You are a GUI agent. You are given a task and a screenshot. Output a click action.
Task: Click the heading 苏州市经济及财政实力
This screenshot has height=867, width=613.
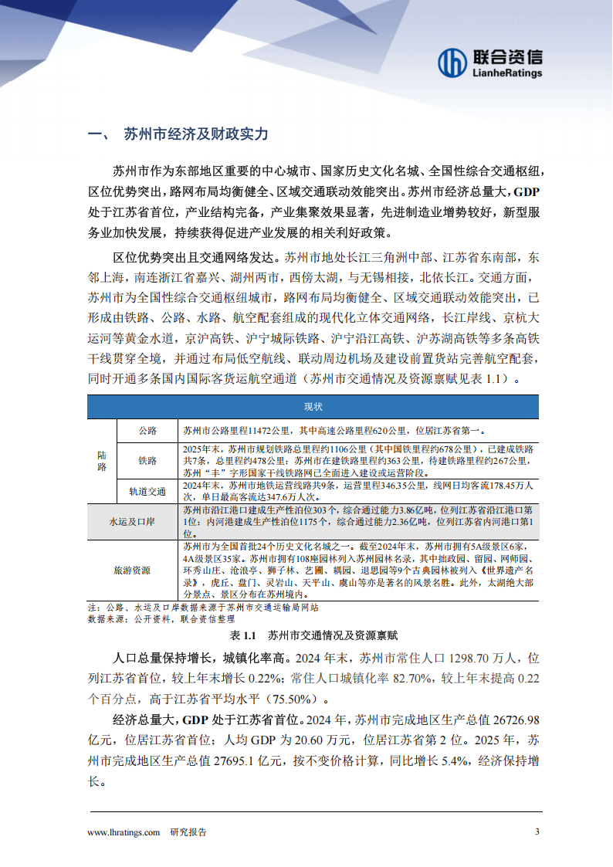(x=195, y=134)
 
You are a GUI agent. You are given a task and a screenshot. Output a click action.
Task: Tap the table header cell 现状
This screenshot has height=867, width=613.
(x=313, y=407)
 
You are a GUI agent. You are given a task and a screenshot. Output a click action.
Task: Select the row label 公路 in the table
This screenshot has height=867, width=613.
(x=147, y=430)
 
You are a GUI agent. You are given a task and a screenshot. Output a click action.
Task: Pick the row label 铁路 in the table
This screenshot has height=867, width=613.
(x=147, y=460)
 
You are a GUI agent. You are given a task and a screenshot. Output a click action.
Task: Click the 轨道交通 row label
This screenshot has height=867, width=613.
(x=147, y=490)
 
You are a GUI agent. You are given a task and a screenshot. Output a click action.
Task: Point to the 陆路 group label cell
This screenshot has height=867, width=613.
(x=102, y=460)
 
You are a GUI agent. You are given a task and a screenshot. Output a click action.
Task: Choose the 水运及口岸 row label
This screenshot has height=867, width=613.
(x=133, y=522)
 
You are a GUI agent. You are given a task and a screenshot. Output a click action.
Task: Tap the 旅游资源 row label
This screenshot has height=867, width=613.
(x=133, y=570)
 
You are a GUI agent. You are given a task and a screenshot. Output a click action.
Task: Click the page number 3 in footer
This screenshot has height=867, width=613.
(x=537, y=831)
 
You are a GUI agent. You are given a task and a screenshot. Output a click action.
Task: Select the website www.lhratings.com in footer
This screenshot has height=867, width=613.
(x=124, y=832)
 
